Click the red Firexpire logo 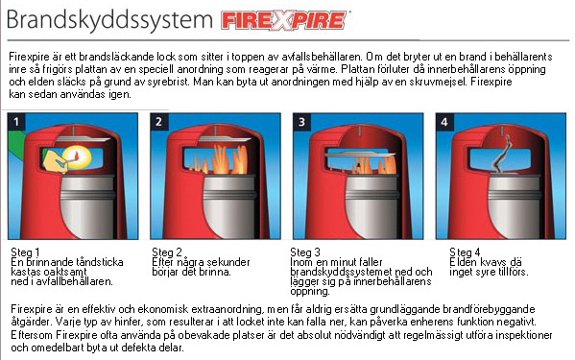tap(283, 20)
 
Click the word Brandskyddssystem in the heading tap(109, 19)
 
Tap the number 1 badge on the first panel tap(16, 122)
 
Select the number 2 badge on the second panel tap(158, 122)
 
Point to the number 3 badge tap(301, 122)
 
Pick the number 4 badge tap(444, 122)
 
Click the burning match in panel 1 tap(76, 156)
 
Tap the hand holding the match tap(55, 161)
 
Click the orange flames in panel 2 tap(220, 159)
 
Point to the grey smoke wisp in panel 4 tap(503, 155)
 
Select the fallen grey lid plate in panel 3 tap(360, 154)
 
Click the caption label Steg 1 tap(25, 252)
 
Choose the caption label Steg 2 tap(167, 252)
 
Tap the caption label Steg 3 tap(305, 252)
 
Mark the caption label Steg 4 tap(465, 252)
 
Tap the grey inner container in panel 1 tap(88, 205)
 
